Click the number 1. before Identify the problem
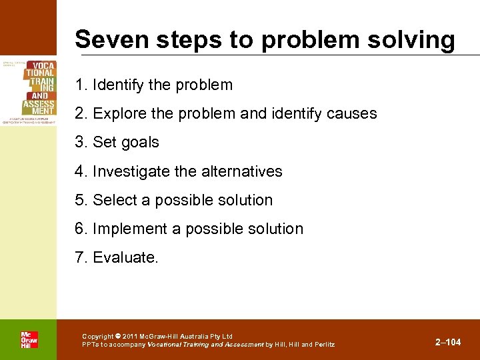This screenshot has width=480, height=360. click(x=81, y=85)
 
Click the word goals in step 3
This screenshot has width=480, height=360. click(x=139, y=143)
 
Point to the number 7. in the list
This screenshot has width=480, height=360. click(x=81, y=257)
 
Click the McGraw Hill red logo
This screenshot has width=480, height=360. click(x=29, y=339)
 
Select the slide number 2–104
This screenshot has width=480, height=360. click(x=448, y=343)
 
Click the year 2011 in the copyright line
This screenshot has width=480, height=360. click(x=130, y=336)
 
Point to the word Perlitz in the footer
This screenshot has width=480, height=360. click(x=323, y=345)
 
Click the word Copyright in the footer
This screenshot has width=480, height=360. click(x=98, y=336)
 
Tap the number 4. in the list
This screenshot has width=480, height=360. click(x=81, y=171)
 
